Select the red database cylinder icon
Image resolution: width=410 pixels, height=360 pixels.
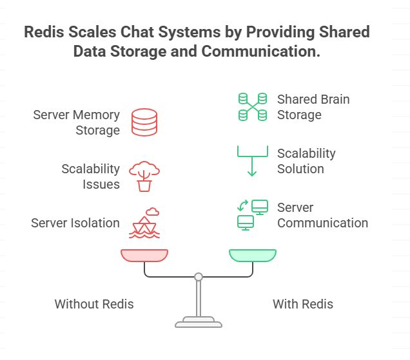[x=144, y=122]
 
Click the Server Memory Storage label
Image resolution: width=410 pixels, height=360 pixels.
[x=76, y=122]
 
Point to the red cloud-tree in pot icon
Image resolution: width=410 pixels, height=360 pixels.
[x=144, y=176]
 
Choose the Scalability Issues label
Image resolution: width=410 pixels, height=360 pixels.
[x=90, y=176]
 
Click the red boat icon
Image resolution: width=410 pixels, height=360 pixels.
[x=145, y=223]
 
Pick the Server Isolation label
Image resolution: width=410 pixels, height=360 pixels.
[x=75, y=223]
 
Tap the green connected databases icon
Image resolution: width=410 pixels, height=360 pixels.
[x=252, y=107]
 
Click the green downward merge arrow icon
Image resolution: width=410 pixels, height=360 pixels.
[x=252, y=161]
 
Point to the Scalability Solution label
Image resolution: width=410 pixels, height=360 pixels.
[x=306, y=161]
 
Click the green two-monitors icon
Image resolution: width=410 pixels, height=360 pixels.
[x=252, y=214]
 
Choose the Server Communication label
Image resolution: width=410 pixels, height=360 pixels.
[x=322, y=215]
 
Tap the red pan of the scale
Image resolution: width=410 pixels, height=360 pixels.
[x=144, y=256]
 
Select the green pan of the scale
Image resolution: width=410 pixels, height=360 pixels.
[x=253, y=256]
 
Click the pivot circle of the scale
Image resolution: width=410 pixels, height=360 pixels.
[x=199, y=277]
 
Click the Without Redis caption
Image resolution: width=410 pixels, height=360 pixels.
[x=94, y=304]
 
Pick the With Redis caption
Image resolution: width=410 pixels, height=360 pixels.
[x=303, y=304]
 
